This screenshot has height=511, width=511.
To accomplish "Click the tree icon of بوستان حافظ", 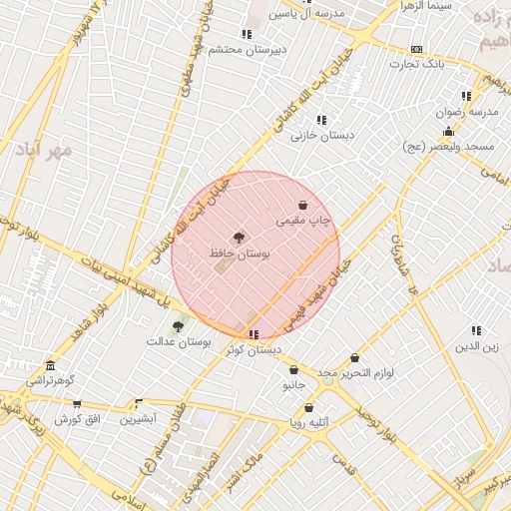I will (x=239, y=239).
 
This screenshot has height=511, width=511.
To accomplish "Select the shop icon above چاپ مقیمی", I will (x=302, y=205).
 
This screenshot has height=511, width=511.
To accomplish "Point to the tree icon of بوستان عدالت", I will (x=178, y=325).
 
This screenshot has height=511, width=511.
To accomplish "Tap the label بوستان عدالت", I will (x=180, y=341).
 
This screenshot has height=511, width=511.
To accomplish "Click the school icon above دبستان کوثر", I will (x=255, y=334).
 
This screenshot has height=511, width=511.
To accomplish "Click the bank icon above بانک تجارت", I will (x=416, y=49).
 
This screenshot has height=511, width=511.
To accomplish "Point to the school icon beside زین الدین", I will (x=476, y=330).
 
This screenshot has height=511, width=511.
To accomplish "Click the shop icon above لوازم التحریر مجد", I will (x=353, y=358).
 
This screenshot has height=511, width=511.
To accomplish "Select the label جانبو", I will (x=292, y=384).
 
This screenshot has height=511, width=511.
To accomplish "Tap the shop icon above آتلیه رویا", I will (x=308, y=407).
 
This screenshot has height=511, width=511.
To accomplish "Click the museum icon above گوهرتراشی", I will (x=50, y=365).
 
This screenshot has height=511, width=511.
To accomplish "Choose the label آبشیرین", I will (x=139, y=419).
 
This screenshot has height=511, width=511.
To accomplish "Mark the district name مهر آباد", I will (x=43, y=150).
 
